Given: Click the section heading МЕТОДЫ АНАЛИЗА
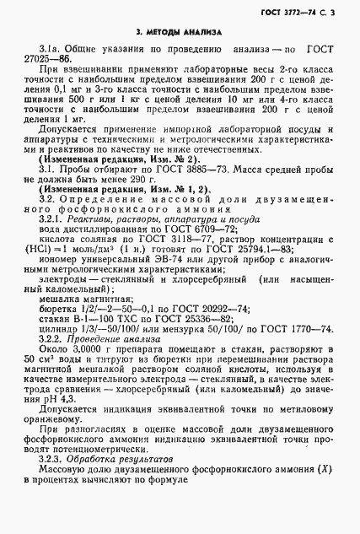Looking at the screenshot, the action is point(179,31).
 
